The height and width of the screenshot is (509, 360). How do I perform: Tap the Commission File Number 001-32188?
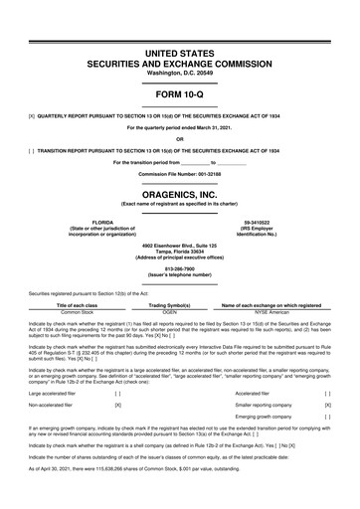pos(180,173)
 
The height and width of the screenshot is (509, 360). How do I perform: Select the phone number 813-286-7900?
pos(180,267)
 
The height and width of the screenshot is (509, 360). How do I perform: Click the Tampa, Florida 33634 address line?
pos(180,251)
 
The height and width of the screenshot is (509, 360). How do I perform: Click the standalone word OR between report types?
pos(180,138)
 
